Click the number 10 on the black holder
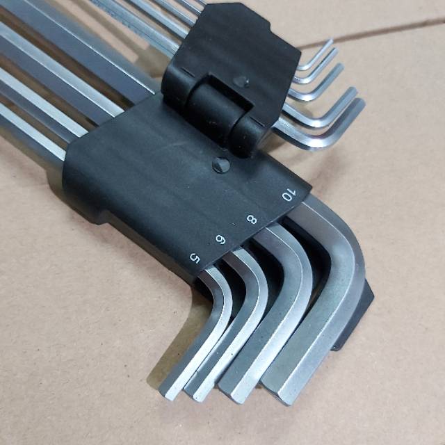point(289,195)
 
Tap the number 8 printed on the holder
point(252,219)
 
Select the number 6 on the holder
point(220,239)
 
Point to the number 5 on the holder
point(195,258)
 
